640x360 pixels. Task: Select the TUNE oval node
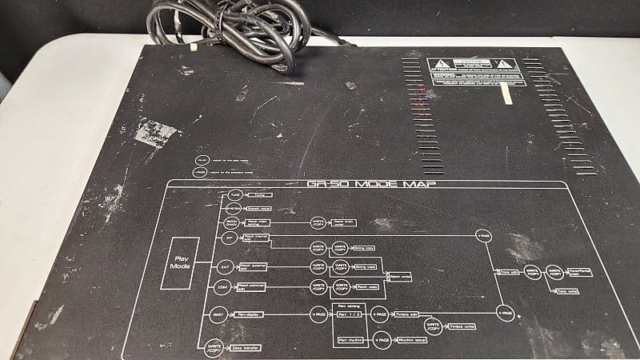(x=234, y=195)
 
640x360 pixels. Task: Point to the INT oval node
(x=230, y=239)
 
